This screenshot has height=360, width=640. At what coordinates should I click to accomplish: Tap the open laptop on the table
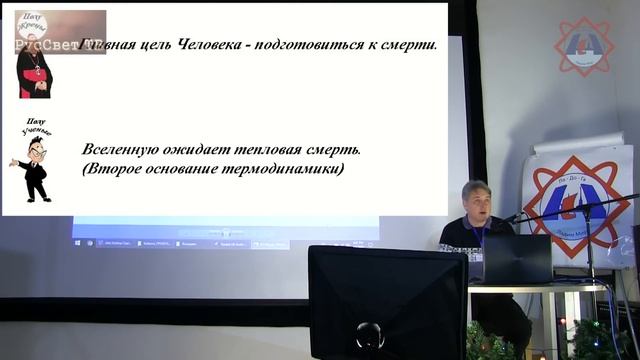pos(516,260)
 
